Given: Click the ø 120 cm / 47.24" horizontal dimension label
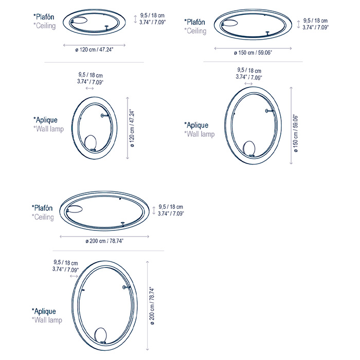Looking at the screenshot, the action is point(94,49).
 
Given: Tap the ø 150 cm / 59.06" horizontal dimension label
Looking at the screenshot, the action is point(253,52).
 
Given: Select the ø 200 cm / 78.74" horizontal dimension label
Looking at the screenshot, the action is point(104,241).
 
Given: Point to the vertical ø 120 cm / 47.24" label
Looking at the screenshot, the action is point(132,128).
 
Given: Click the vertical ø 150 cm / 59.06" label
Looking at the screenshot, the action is point(296,134).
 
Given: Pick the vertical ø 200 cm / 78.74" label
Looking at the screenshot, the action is point(152,305).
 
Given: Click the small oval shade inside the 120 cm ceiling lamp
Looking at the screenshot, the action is point(79,20).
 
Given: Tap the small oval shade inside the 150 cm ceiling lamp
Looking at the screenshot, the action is point(229,23).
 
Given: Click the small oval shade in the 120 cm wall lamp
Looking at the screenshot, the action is point(91,142).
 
